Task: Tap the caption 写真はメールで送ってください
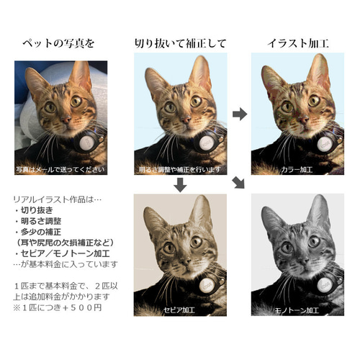tap(60, 170)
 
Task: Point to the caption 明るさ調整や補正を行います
tap(180, 170)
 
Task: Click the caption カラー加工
tap(297, 170)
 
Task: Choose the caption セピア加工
tap(180, 310)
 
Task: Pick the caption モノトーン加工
tap(297, 310)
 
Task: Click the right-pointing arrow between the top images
tap(240, 114)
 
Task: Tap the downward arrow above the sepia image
tap(180, 186)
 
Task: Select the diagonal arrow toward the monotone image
tap(239, 185)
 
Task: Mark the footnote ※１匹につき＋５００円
tap(58, 308)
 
